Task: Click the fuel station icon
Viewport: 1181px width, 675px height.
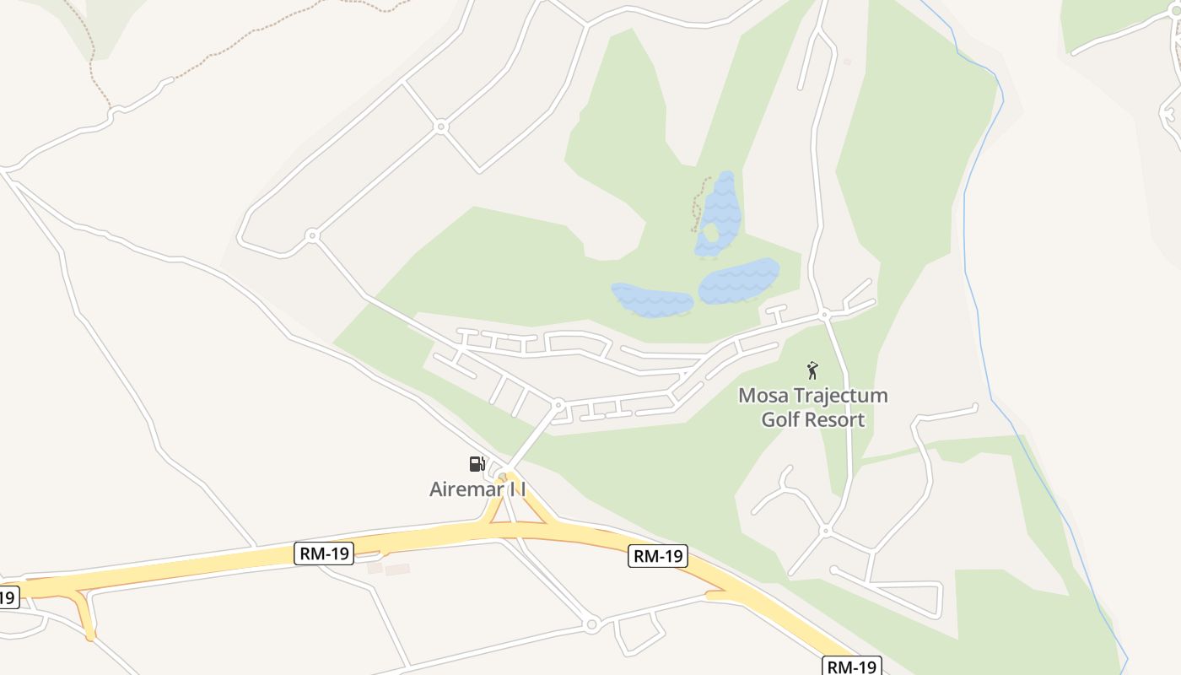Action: [x=477, y=463]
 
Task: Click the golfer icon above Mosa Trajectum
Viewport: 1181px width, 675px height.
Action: [x=812, y=370]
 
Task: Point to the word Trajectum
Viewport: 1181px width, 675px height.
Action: [x=843, y=396]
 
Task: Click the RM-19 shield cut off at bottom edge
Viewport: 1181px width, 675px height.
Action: [x=852, y=667]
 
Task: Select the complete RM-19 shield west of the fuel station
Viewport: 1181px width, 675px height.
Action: [x=325, y=553]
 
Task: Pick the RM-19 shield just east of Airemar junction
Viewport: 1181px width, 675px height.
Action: [x=658, y=555]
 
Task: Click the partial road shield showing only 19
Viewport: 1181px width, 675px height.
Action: [x=7, y=597]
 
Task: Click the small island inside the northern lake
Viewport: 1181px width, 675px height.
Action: [x=710, y=232]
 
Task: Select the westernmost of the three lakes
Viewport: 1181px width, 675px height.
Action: [x=651, y=300]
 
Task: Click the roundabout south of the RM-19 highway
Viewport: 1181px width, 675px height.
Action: [x=591, y=625]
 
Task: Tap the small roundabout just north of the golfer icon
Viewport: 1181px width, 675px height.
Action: [x=824, y=315]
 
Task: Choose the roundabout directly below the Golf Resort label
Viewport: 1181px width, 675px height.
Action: [x=826, y=531]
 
